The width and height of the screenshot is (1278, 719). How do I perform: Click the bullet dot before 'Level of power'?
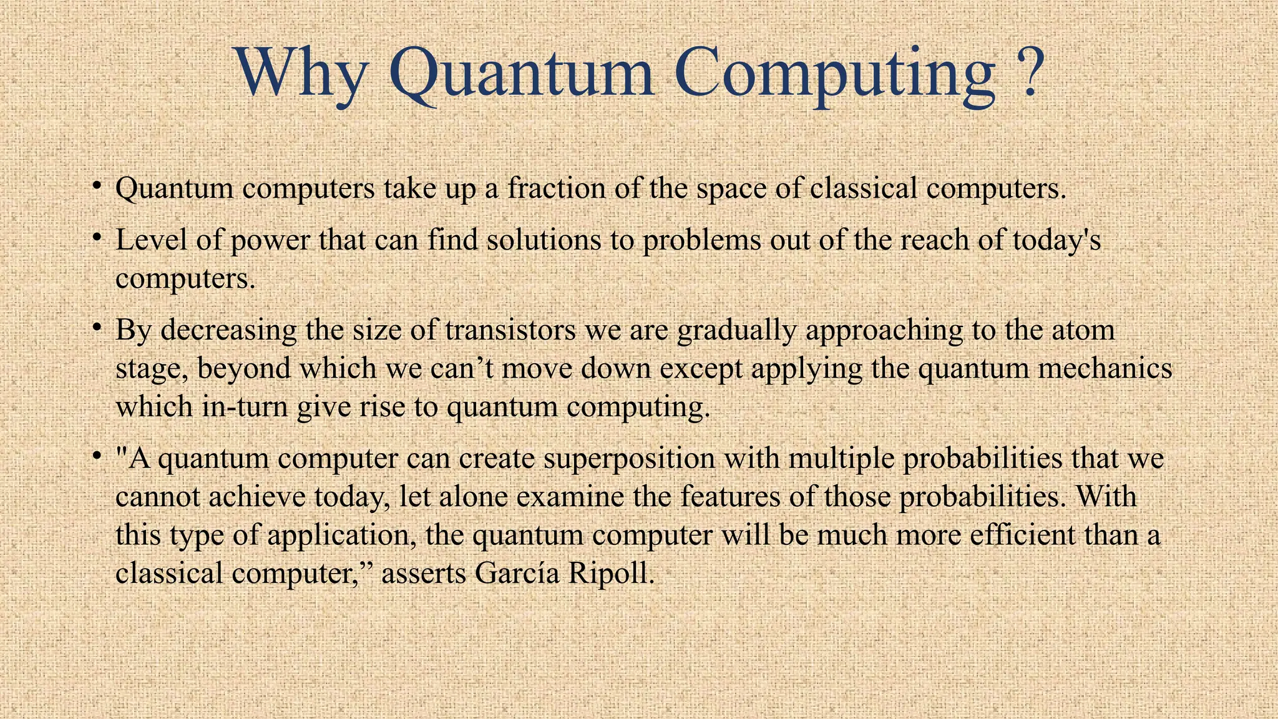96,238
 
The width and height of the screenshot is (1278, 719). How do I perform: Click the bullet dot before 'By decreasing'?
96,327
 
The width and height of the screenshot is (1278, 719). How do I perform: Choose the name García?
517,574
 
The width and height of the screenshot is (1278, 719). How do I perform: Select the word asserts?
423,574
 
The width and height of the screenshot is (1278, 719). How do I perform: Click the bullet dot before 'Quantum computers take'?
96,185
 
